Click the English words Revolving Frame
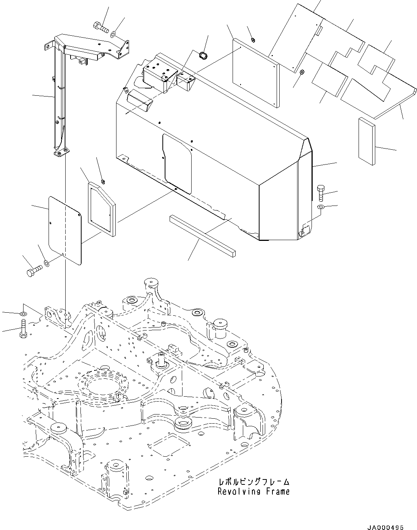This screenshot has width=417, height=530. point(253,491)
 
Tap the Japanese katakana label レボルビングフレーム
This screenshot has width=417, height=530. point(253,482)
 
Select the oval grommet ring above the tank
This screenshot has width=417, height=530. point(204,55)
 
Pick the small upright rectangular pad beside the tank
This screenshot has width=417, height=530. point(366,141)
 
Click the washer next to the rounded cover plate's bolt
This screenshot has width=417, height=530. point(46,263)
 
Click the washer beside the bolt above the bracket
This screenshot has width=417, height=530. point(113,35)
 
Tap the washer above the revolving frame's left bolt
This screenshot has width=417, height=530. point(23,314)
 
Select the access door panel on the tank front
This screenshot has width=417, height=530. point(177,163)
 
